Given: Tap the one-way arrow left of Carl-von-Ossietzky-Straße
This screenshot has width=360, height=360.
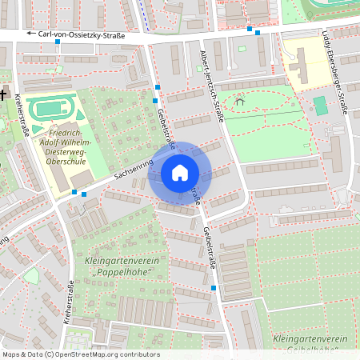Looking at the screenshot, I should (x=32, y=34).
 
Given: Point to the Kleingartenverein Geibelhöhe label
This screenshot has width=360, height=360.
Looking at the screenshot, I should (x=312, y=344).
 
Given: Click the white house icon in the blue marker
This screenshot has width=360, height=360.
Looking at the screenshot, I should (x=180, y=173).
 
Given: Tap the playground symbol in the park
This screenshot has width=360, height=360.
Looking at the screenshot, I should (x=238, y=102).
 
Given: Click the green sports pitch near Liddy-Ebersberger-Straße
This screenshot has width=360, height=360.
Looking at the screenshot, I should (x=320, y=105).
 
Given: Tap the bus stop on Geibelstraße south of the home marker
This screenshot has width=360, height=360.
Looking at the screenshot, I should (x=214, y=287).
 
